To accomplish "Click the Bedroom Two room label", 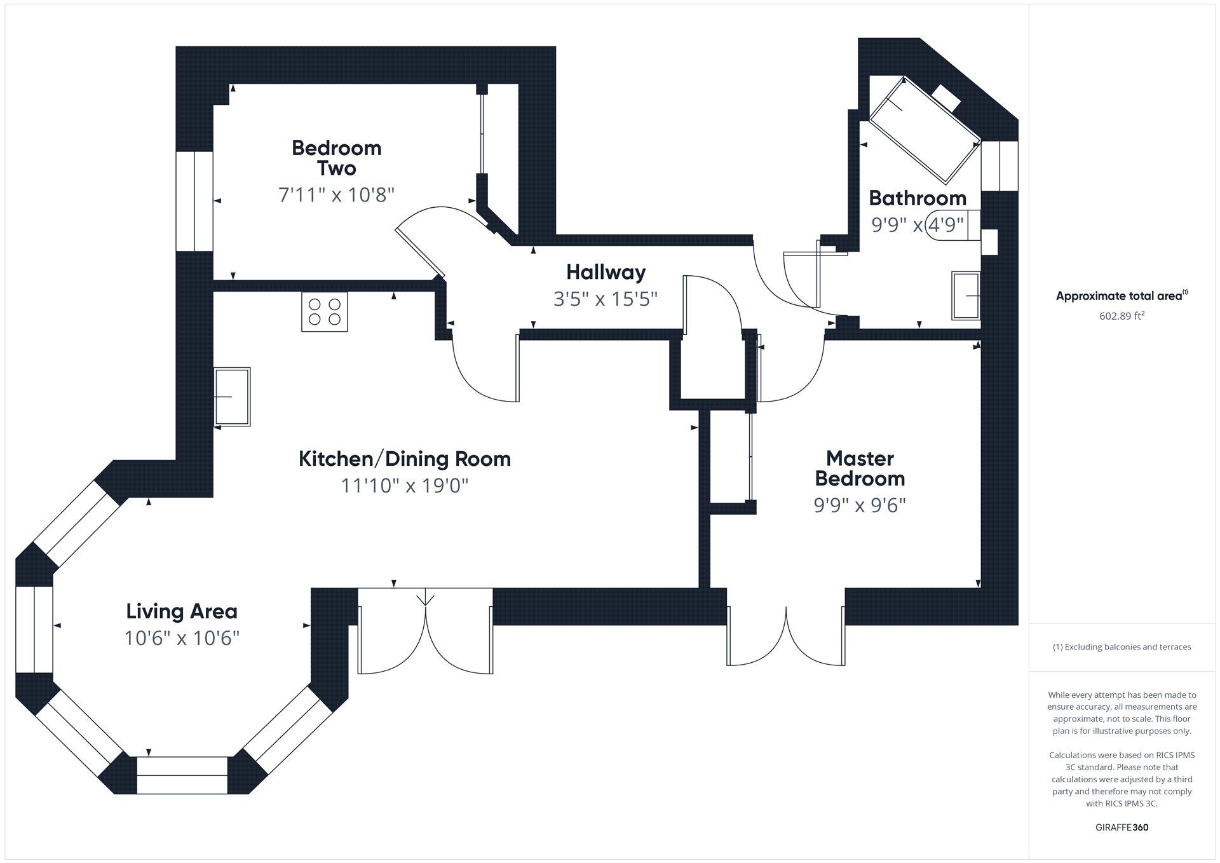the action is point(337,158).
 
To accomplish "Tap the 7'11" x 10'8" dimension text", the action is point(337,194).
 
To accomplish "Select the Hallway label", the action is point(606,273).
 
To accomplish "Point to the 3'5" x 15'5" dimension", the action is point(606,299).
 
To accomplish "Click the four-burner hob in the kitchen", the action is point(325,311).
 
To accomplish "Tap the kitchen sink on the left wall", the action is point(233,397).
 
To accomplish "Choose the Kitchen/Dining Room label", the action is point(405,459).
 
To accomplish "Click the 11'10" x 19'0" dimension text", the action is point(405,486).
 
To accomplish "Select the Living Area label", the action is point(182,611).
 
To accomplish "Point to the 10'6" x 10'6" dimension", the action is point(182,638).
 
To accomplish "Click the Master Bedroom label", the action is point(860,468).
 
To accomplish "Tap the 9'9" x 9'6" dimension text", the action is point(860,505).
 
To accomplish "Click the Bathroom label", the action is point(918,198).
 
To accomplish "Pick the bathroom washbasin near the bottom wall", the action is point(966,296).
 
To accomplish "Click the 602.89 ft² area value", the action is point(1122,316).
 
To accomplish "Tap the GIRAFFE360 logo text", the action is point(1122,827).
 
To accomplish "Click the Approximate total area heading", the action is point(1122,296).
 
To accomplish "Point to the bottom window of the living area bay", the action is point(182,775).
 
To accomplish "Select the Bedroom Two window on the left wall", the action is point(194,201).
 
